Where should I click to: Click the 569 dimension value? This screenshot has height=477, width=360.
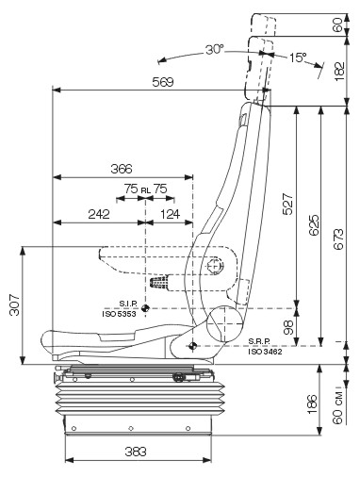click(163, 82)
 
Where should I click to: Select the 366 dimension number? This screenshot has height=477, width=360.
click(122, 169)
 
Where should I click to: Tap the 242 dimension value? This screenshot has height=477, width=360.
click(99, 214)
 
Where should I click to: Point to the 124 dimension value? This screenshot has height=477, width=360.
click(170, 214)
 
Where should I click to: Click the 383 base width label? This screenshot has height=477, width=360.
click(136, 452)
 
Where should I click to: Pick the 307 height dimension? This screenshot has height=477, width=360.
click(15, 305)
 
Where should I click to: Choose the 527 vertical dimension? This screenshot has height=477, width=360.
click(287, 205)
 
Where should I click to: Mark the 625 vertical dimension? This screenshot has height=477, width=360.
click(314, 225)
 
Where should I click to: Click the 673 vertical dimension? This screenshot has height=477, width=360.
click(338, 239)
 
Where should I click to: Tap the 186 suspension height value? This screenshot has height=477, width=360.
click(313, 403)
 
